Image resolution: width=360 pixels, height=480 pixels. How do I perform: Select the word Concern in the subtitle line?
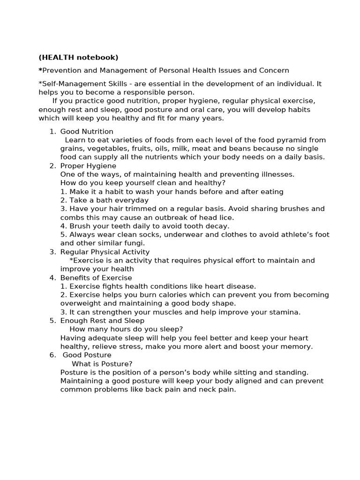(x=274, y=70)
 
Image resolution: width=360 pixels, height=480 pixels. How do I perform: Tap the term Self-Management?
(x=70, y=83)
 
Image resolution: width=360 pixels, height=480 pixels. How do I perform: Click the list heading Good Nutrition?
(x=87, y=131)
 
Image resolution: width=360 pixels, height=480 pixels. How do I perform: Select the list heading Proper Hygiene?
(x=88, y=166)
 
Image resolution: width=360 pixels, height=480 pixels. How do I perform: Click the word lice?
(x=226, y=217)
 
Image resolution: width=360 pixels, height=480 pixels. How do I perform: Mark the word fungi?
(x=134, y=243)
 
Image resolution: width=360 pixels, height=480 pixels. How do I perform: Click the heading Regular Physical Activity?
(x=105, y=252)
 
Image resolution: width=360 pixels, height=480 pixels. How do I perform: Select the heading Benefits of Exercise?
(x=96, y=277)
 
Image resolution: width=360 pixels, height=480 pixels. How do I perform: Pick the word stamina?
(x=285, y=312)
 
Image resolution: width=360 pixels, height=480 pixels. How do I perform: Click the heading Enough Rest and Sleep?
(x=102, y=321)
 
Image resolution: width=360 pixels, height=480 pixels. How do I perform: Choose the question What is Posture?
(x=102, y=364)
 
